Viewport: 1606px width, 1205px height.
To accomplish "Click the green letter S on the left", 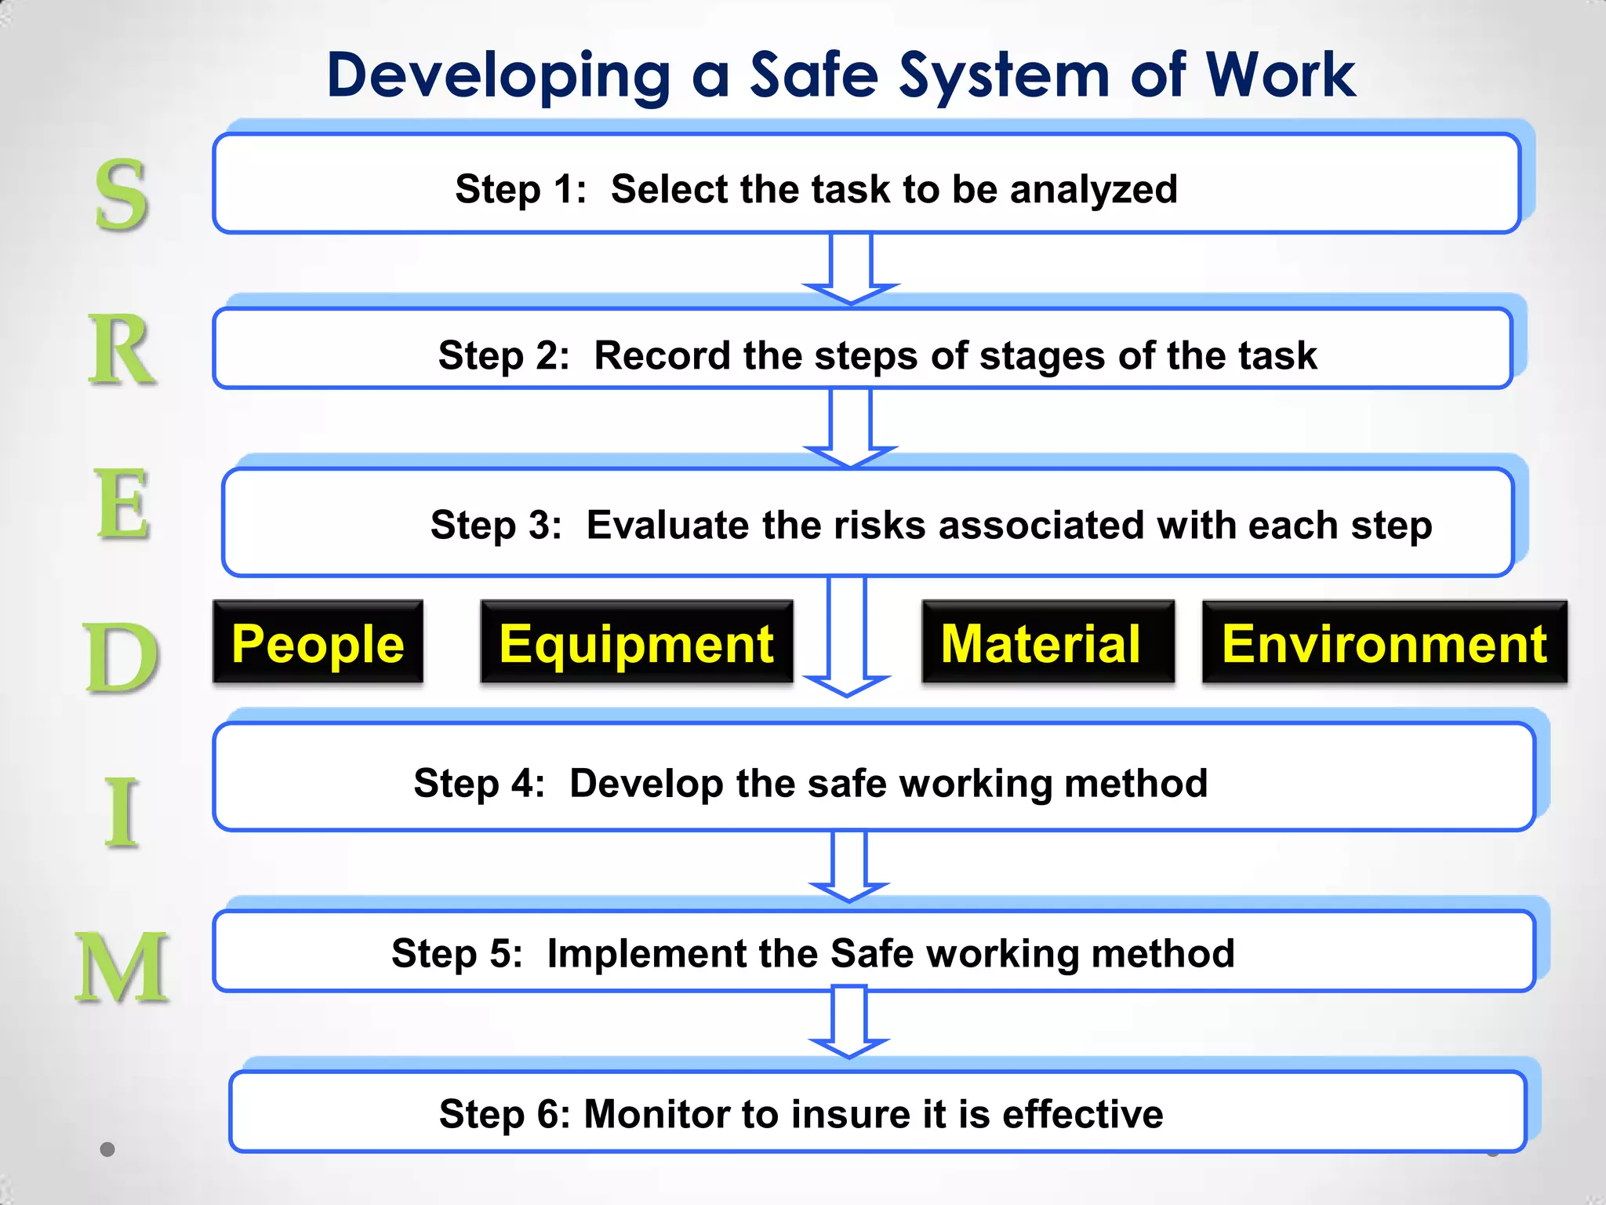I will [x=121, y=195].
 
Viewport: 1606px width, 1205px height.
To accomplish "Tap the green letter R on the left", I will [x=121, y=350].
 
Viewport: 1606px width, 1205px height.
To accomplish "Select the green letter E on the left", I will [x=122, y=504].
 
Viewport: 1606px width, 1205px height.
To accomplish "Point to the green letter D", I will [x=121, y=657].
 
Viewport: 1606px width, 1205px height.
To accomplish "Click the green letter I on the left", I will [x=122, y=812].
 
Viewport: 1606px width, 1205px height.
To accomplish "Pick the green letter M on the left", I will [x=122, y=967].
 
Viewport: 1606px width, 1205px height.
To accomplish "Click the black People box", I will [x=318, y=643].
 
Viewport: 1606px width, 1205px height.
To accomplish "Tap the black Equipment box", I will [x=636, y=643].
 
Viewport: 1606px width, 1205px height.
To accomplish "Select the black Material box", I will [x=1048, y=643].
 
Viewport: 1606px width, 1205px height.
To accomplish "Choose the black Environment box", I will [x=1384, y=643].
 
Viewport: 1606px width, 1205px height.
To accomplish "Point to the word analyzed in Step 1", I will [x=1093, y=190].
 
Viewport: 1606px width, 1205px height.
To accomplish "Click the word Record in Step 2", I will [x=662, y=355].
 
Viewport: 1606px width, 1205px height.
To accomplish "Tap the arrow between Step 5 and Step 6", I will [x=848, y=1022].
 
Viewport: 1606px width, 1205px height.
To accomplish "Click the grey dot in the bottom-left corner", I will [x=108, y=1149].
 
